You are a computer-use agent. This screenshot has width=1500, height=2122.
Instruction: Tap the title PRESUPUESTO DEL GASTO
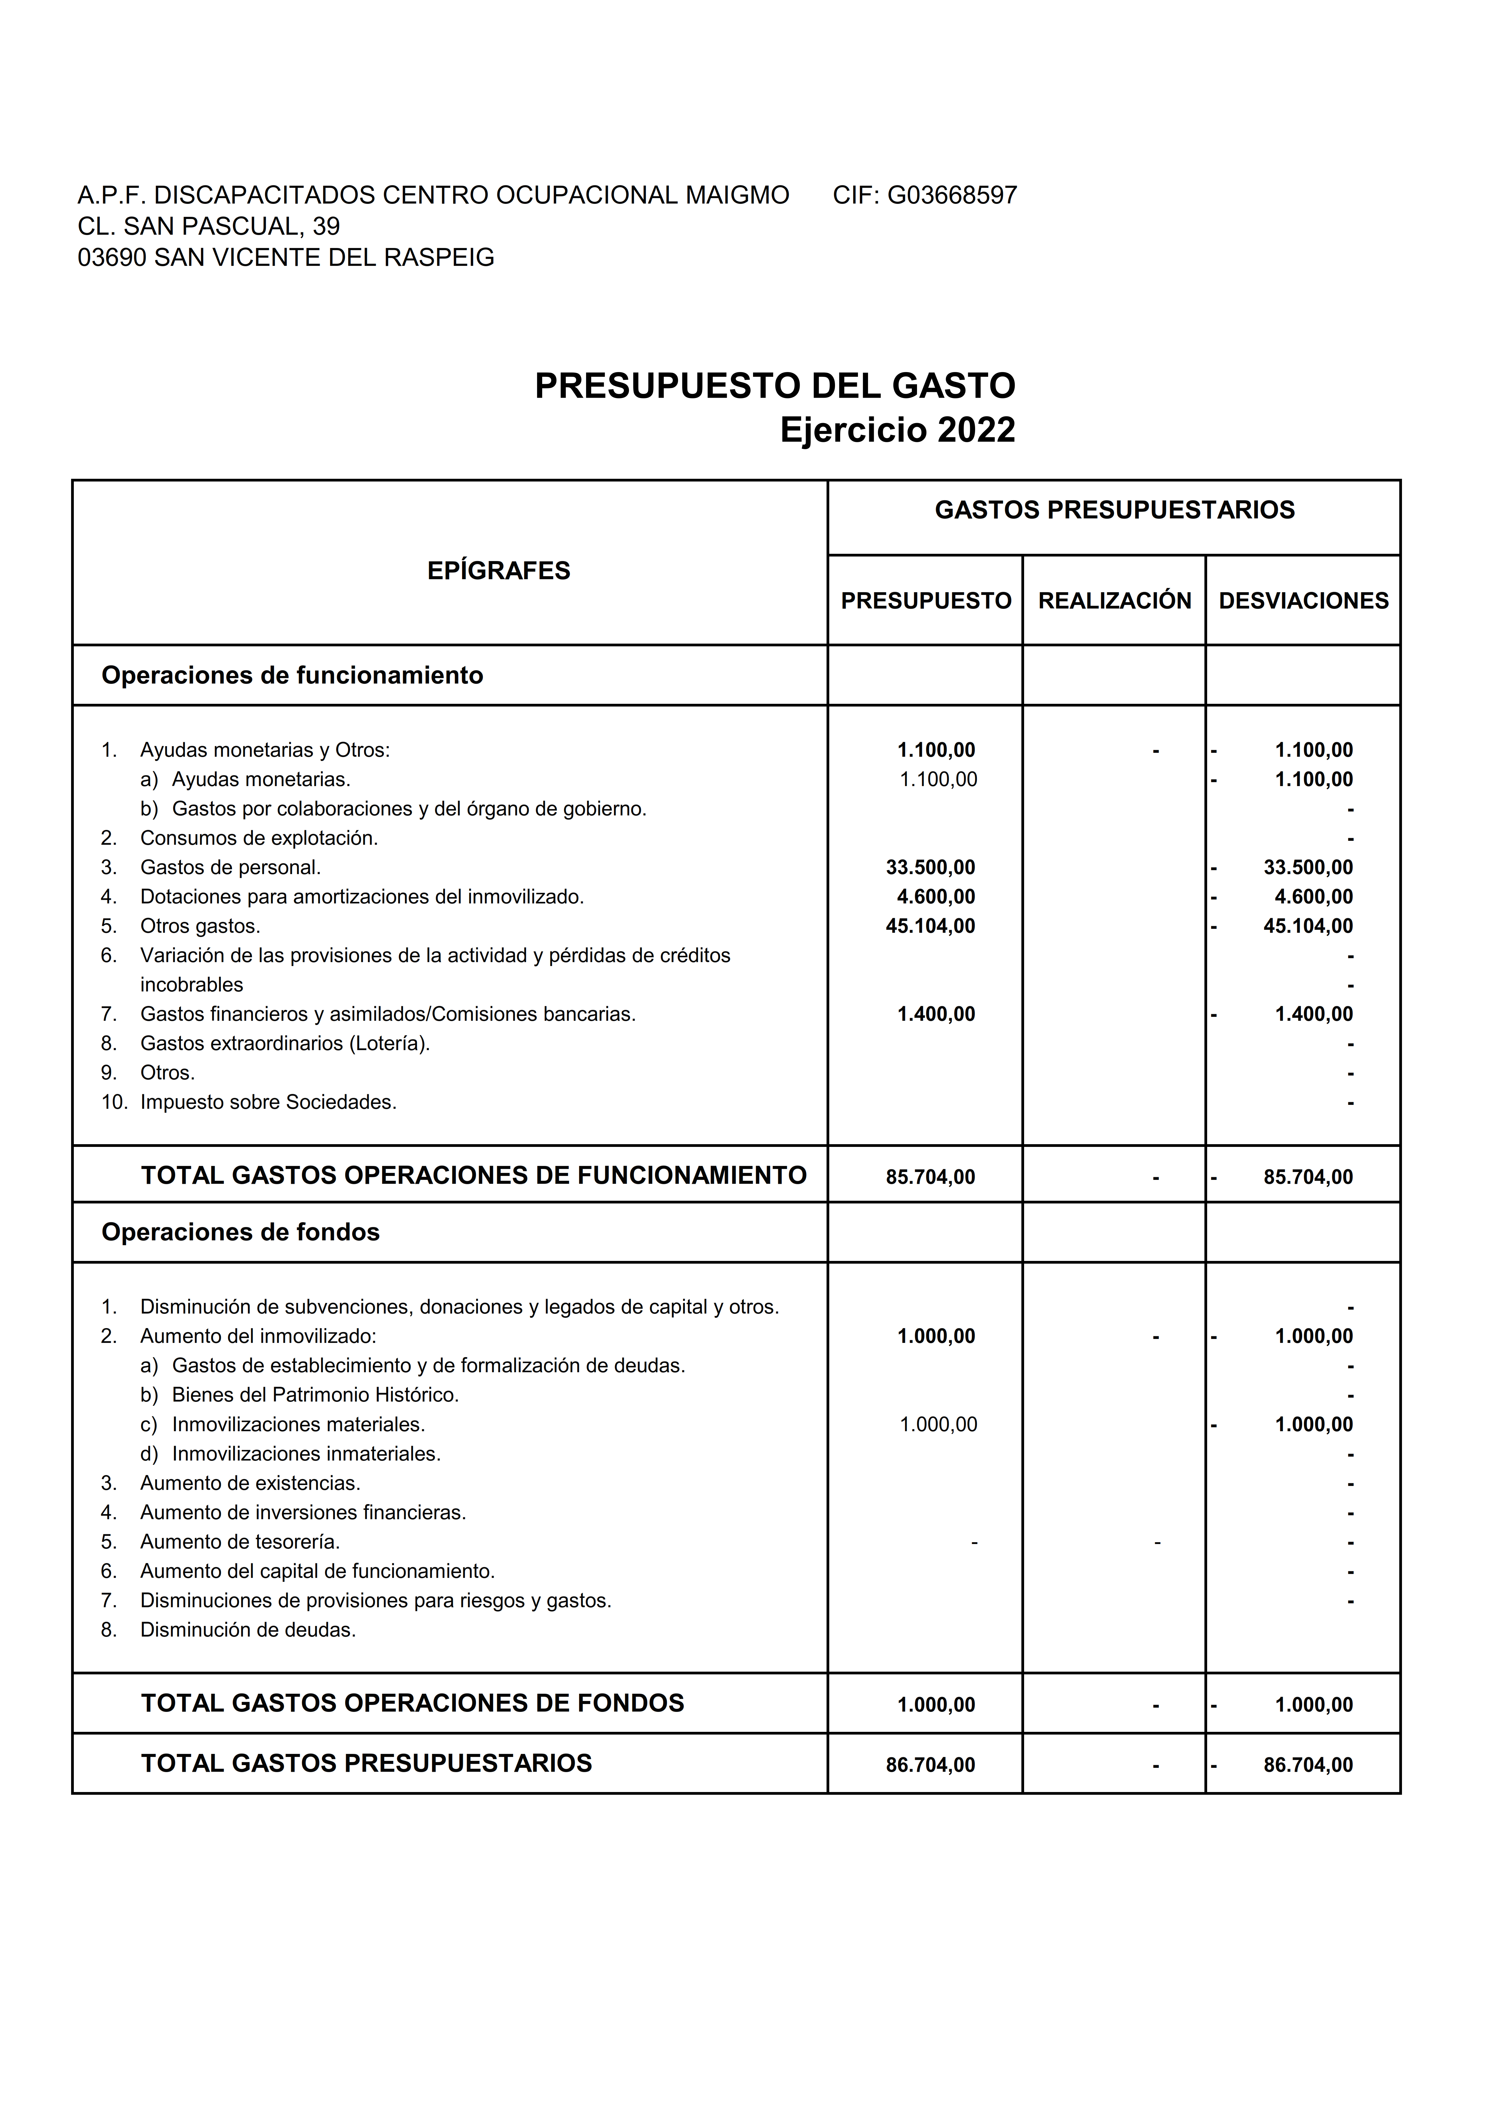coord(775,385)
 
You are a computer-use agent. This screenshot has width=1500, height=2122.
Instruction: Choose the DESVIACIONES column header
coord(1303,601)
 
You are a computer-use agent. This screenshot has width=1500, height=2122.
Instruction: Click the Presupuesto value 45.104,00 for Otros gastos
coord(930,926)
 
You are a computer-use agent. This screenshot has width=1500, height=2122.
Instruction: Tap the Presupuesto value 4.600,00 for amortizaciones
coord(935,896)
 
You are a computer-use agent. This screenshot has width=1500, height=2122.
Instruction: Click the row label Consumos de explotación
coord(259,838)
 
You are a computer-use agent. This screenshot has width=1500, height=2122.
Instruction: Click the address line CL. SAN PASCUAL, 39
coord(209,227)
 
